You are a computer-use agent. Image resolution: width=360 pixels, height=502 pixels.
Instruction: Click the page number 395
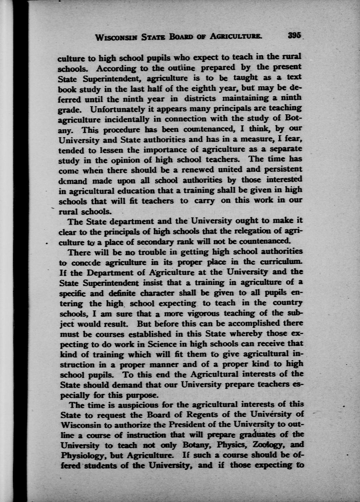(x=295, y=36)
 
